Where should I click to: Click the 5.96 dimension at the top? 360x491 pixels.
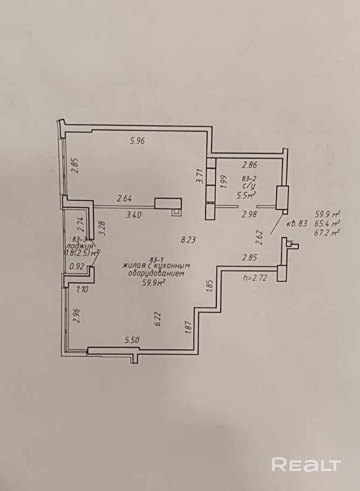pyautogui.click(x=137, y=142)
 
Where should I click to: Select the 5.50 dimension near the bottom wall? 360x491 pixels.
pyautogui.click(x=132, y=340)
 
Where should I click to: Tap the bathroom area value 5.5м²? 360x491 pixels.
pyautogui.click(x=246, y=196)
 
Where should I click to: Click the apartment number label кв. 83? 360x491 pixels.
pyautogui.click(x=297, y=223)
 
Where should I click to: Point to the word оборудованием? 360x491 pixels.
pyautogui.click(x=157, y=273)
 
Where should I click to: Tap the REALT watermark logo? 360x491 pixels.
pyautogui.click(x=306, y=465)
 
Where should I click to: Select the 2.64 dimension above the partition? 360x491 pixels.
pyautogui.click(x=125, y=199)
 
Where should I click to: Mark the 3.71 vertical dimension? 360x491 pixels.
pyautogui.click(x=200, y=177)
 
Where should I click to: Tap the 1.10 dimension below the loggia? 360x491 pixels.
pyautogui.click(x=82, y=289)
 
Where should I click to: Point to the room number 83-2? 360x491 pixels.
pyautogui.click(x=249, y=178)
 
